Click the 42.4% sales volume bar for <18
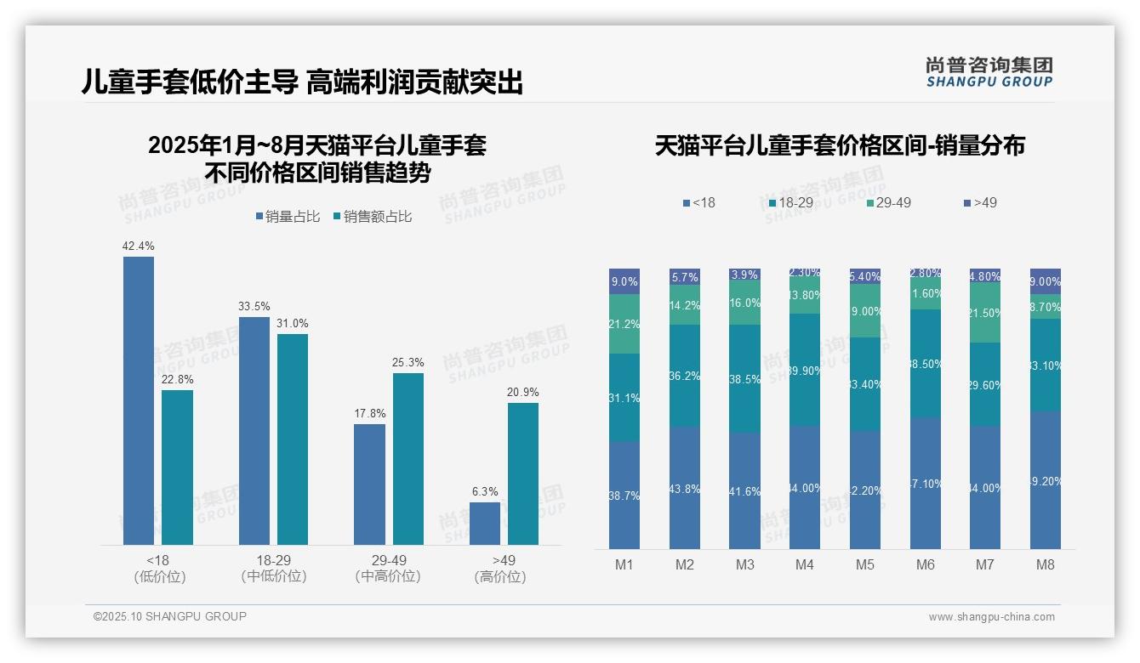point(139,400)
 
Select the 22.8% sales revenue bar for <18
point(177,467)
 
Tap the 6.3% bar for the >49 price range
point(485,524)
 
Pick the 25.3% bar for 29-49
point(408,459)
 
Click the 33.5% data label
point(255,307)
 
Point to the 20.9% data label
point(523,393)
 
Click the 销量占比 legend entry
point(288,217)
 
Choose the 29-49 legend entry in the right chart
point(888,203)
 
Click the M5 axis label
point(865,565)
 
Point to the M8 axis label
point(1046,565)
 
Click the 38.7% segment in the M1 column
point(624,495)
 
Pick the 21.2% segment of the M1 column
point(624,324)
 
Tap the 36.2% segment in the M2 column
point(685,375)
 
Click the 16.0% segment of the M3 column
point(745,303)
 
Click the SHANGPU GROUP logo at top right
point(989,71)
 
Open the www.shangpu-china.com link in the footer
point(991,617)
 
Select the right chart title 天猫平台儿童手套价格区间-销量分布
point(840,145)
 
